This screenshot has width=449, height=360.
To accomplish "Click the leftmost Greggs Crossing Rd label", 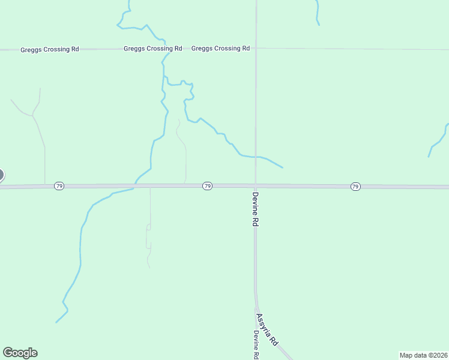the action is (x=50, y=49).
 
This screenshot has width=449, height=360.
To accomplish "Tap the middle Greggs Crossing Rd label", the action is (x=152, y=49).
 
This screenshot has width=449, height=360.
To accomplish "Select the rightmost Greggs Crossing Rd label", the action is (x=220, y=48).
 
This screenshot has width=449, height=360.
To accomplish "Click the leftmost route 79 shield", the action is (x=59, y=186).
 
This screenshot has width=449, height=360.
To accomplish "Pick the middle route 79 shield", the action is (x=207, y=186).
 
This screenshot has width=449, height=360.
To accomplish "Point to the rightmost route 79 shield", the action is (x=355, y=187).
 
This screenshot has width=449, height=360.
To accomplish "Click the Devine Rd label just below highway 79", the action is (x=255, y=209).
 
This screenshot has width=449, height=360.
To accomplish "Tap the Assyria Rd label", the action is (x=267, y=329).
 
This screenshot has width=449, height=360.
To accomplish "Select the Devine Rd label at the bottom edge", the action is (x=256, y=345).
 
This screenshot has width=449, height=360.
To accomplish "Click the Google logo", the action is (x=20, y=353).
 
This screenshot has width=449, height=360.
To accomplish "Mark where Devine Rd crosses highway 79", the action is (x=256, y=186).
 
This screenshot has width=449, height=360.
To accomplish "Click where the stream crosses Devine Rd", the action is (x=256, y=157).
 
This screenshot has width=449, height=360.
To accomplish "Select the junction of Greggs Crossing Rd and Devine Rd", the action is (x=256, y=49).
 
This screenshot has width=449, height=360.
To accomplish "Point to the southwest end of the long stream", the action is (x=57, y=322).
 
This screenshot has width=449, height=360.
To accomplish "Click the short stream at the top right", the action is (x=317, y=13).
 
